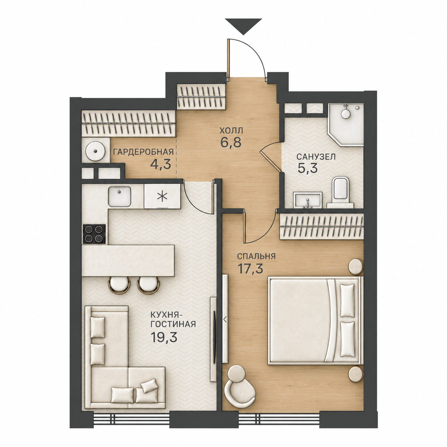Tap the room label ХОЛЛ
tap(231, 130)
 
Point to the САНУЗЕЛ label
tap(316, 157)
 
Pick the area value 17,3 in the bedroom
tap(250, 269)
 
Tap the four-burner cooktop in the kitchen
tap(94, 234)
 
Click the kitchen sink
tap(119, 196)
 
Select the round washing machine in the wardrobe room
tap(95, 151)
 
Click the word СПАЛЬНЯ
tap(256, 256)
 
